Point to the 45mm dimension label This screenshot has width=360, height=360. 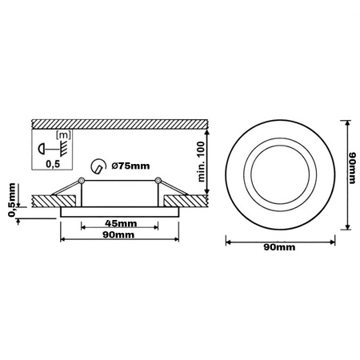click(x=119, y=224)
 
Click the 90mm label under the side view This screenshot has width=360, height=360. click(x=119, y=238)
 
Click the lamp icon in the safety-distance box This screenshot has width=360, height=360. click(x=42, y=149)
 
